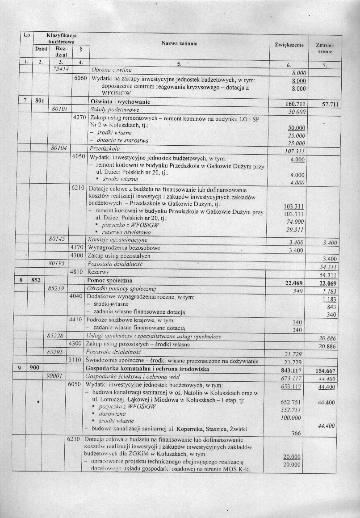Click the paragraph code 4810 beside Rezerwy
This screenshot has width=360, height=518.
click(79, 272)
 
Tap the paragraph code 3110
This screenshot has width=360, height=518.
click(79, 360)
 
